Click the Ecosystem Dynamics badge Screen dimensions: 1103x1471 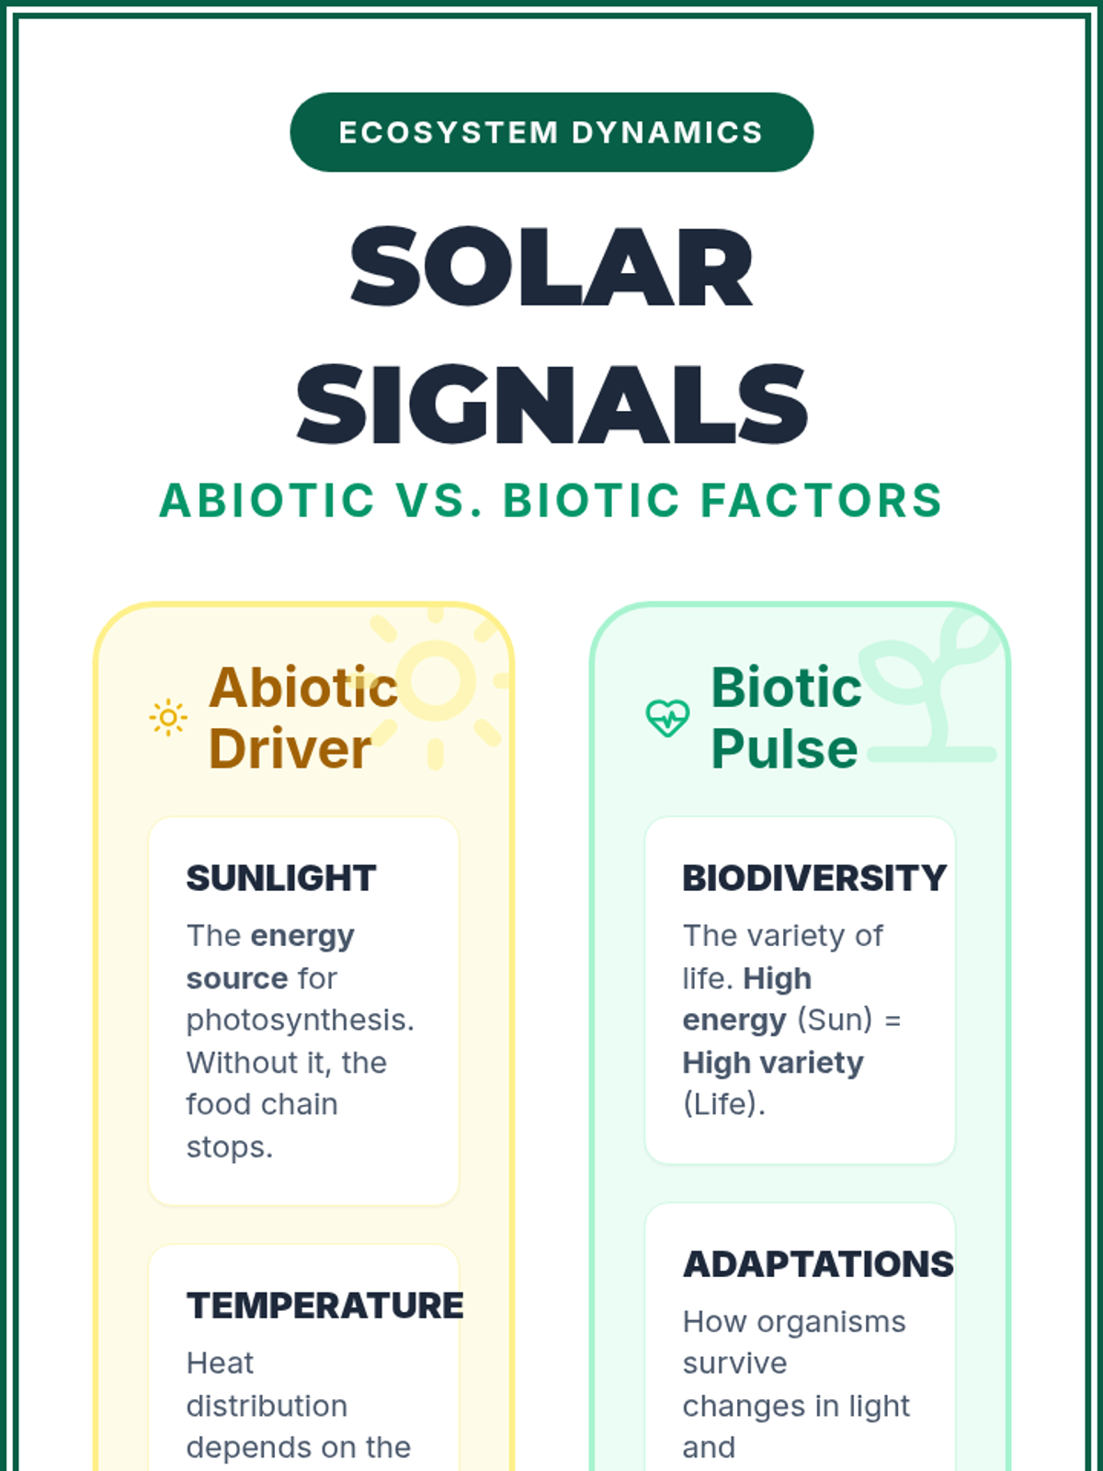pos(551,132)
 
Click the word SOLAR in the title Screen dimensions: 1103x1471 pos(551,267)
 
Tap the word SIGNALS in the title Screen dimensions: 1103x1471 pos(551,405)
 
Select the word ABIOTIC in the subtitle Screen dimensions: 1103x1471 pos(267,501)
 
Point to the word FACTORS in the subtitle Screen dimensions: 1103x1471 pos(822,501)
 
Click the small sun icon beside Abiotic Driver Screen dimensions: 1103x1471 pos(168,718)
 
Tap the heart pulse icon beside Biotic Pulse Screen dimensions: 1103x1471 pos(667,718)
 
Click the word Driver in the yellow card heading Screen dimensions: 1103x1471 pos(290,748)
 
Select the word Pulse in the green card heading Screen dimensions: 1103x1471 pos(783,748)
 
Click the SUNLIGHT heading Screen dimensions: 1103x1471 pos(281,878)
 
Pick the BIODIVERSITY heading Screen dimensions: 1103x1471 pos(814,878)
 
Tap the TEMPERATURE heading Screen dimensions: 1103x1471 pos(324,1306)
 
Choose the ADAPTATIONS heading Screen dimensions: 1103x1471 pos(818,1264)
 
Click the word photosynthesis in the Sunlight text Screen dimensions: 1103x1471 pos(300,1021)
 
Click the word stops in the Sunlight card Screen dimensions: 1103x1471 pos(229,1147)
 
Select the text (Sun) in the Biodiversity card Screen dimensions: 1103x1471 pos(835,1020)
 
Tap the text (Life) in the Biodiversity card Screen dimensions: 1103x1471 pos(724,1104)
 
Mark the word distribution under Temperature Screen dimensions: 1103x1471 pos(267,1406)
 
